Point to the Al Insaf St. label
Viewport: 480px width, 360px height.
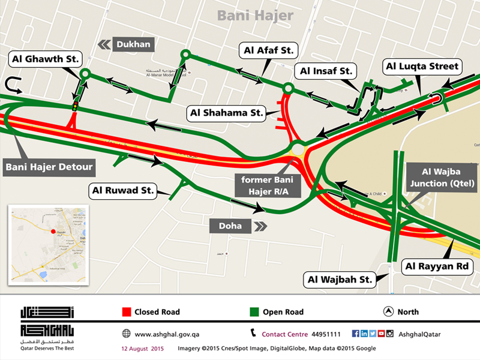click(325, 71)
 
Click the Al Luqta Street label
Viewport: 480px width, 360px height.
click(422, 66)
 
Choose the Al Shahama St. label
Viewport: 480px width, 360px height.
click(227, 112)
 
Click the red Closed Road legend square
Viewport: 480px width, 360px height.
click(126, 312)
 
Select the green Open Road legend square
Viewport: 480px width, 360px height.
click(254, 312)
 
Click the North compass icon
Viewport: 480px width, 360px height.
click(388, 312)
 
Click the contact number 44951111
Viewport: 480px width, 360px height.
click(327, 334)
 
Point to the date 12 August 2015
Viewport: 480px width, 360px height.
click(139, 348)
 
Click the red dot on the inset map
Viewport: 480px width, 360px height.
click(53, 231)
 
